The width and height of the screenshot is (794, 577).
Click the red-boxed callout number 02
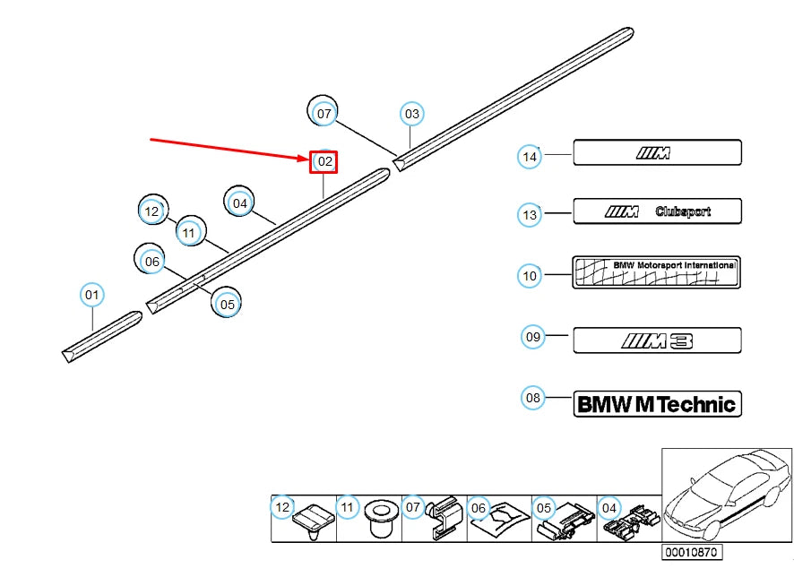click(x=324, y=162)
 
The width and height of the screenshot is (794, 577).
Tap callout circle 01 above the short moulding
click(x=92, y=294)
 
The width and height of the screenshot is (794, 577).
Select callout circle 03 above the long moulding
click(x=411, y=114)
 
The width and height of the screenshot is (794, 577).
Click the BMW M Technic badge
click(x=657, y=404)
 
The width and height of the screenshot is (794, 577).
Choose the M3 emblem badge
click(x=657, y=340)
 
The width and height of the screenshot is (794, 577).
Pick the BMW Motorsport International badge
click(x=657, y=271)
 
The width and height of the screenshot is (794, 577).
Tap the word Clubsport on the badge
click(x=683, y=211)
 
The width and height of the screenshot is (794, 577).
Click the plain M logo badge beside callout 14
click(x=657, y=152)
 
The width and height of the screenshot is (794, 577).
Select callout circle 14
click(x=530, y=156)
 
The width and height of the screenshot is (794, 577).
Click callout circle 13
click(x=530, y=214)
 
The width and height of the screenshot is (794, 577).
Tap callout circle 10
click(x=530, y=275)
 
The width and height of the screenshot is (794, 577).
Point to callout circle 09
click(x=533, y=337)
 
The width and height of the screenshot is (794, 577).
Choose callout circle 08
click(x=533, y=397)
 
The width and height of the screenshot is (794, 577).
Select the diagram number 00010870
click(x=692, y=553)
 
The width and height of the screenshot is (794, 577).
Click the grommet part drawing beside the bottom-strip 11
click(x=382, y=519)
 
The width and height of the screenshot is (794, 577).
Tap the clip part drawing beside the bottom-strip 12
click(x=315, y=519)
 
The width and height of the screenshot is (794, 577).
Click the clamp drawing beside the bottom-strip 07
click(x=441, y=519)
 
